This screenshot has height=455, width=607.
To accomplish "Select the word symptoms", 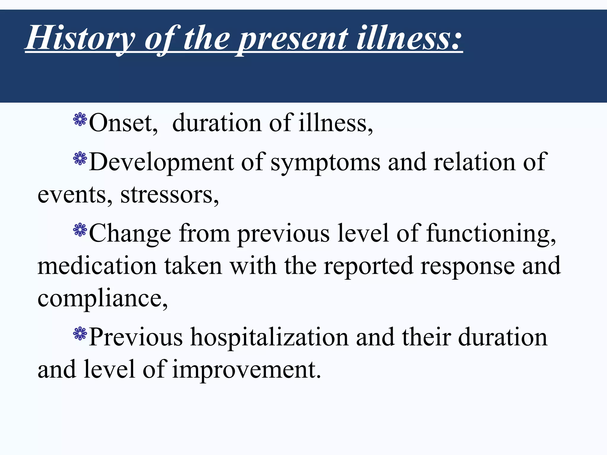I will pyautogui.click(x=325, y=163).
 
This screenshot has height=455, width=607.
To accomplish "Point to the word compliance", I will pyautogui.click(x=102, y=299).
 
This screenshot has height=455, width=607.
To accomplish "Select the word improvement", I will pyautogui.click(x=246, y=370).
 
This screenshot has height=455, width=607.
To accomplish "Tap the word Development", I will pyautogui.click(x=162, y=163).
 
